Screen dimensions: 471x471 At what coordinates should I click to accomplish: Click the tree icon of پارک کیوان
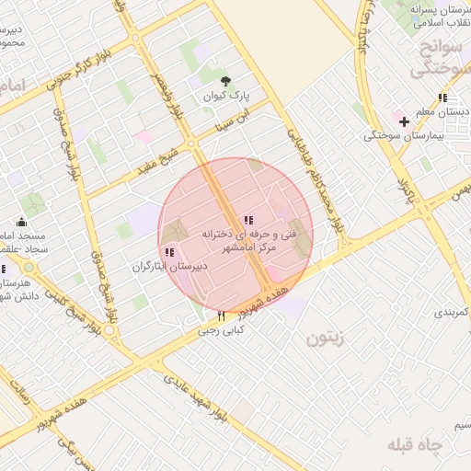[225, 80]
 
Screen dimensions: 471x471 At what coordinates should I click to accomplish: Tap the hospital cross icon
[403, 121]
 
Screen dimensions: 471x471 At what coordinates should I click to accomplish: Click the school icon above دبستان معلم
[443, 98]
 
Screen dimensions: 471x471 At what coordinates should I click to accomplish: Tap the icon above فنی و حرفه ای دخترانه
[247, 220]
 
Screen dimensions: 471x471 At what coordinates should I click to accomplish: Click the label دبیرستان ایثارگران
[169, 266]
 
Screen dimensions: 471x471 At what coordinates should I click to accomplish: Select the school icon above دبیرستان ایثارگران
[169, 252]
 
